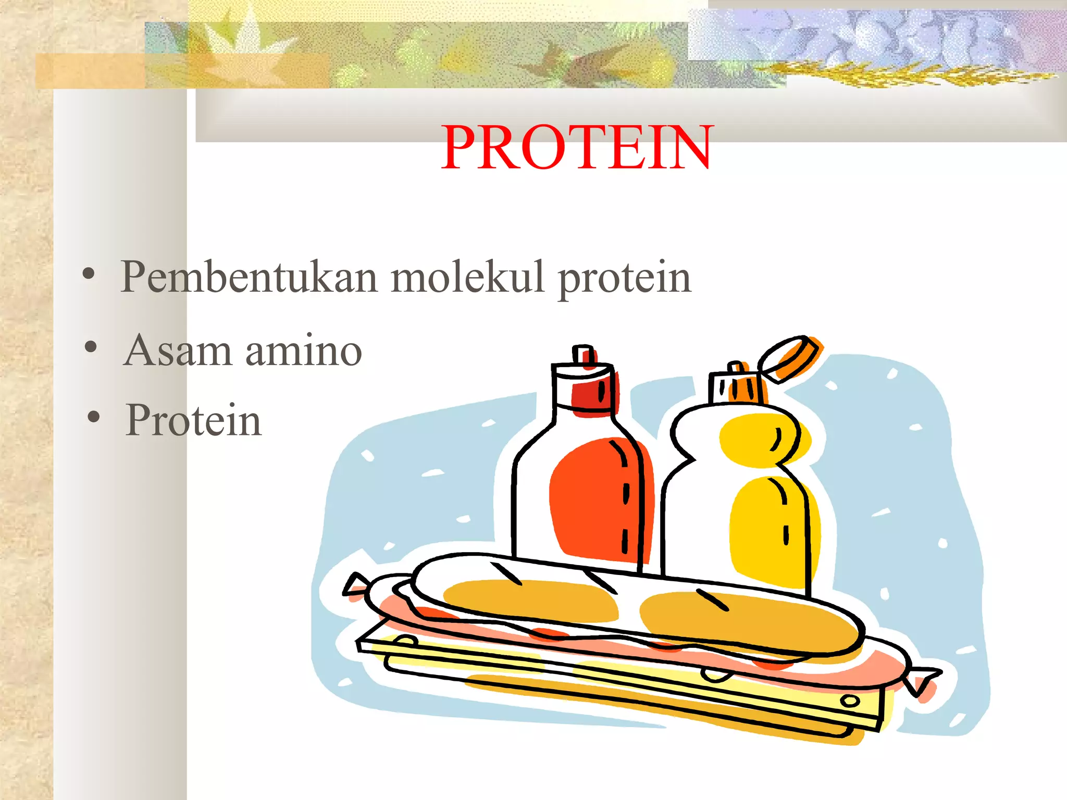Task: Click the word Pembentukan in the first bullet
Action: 249,277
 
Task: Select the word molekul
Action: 467,277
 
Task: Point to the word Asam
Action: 178,350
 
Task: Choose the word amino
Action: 303,350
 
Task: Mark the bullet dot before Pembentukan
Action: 89,274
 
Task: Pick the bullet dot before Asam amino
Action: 91,346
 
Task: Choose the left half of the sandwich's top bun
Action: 529,599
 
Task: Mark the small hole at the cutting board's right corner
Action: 850,701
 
